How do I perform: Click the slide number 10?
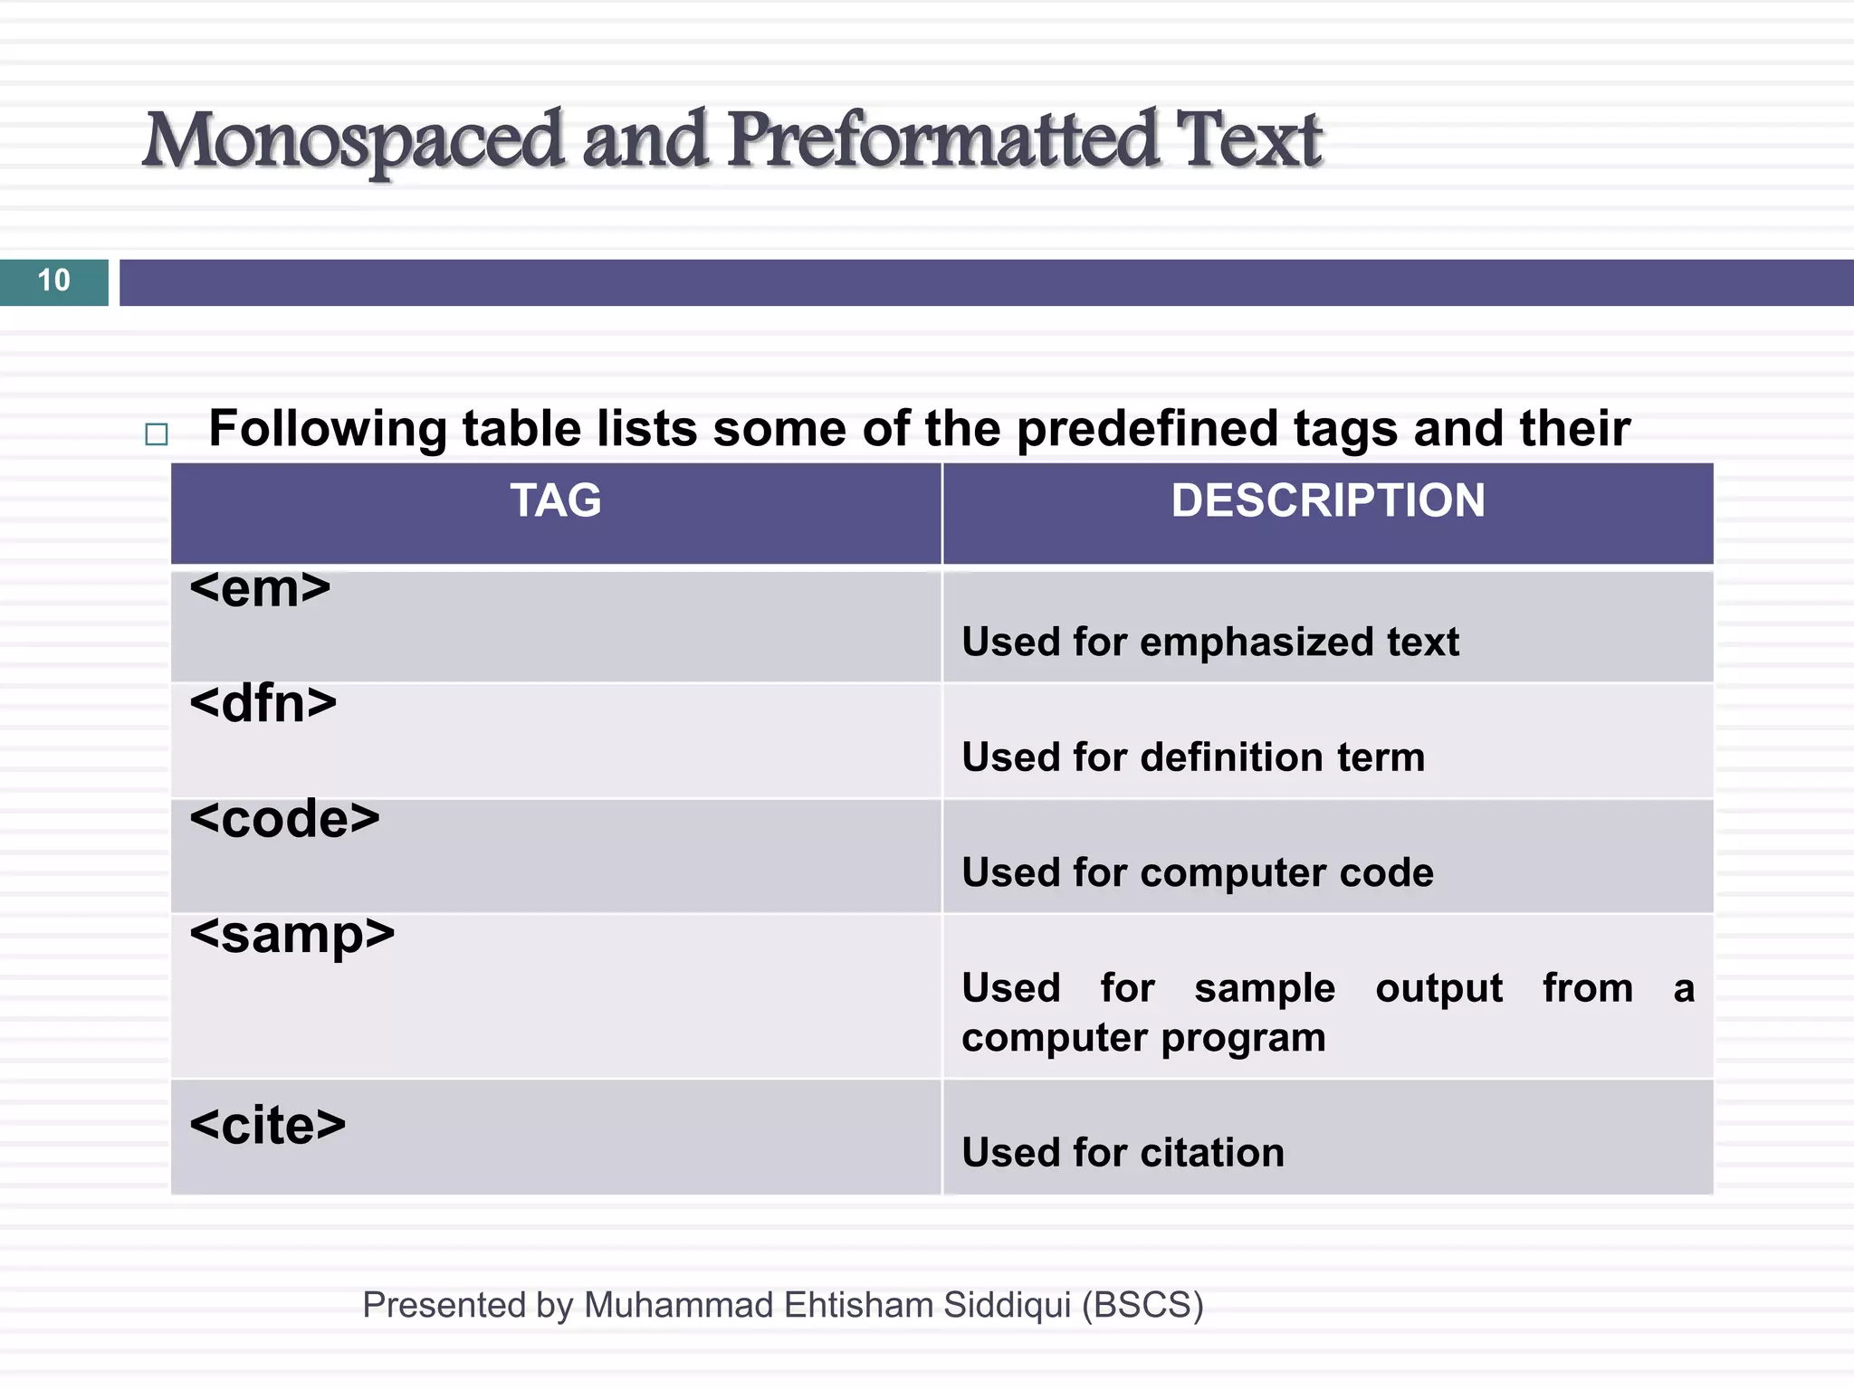53,281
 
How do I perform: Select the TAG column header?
555,500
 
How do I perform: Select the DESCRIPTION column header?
1327,500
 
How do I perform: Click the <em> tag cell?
261,589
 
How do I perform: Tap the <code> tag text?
284,819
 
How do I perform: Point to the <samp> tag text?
291,936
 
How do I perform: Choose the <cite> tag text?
268,1126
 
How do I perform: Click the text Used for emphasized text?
1209,643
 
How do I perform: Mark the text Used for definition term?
1192,757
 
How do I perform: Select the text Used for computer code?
1197,873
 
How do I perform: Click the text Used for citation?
1123,1153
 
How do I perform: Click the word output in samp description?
1438,988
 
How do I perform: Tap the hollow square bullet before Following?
157,434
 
